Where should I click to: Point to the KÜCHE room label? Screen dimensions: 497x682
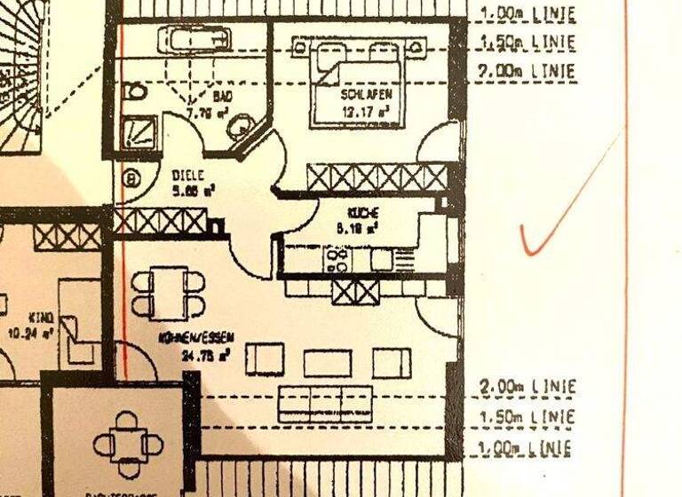click(x=364, y=213)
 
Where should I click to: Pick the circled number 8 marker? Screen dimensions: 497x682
click(x=133, y=178)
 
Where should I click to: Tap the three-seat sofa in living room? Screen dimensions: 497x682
click(x=323, y=403)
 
